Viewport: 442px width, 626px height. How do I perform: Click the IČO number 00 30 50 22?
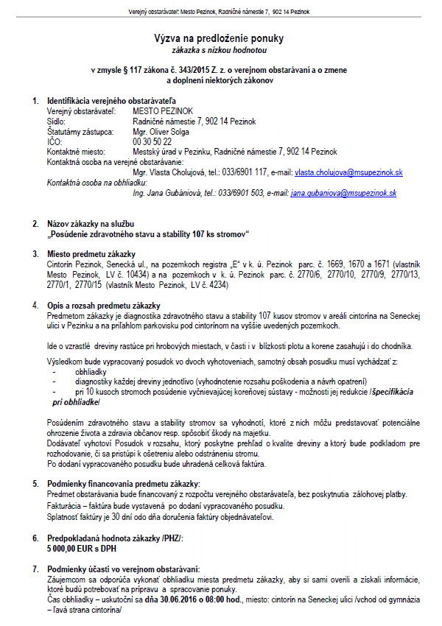point(152,141)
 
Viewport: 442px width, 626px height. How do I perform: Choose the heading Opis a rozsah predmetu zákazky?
point(104,305)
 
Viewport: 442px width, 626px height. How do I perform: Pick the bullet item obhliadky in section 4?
point(91,373)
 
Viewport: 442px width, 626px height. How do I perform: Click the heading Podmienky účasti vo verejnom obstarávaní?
point(123,570)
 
